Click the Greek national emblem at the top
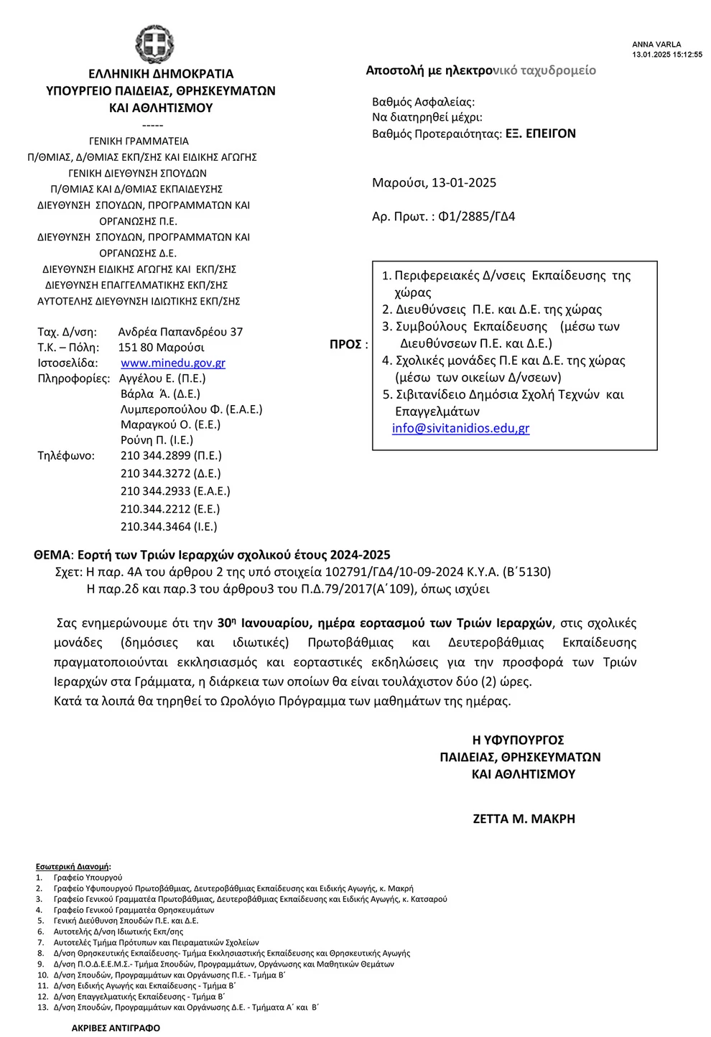pyautogui.click(x=154, y=45)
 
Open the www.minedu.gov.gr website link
pyautogui.click(x=172, y=363)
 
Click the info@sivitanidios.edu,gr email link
pyautogui.click(x=460, y=429)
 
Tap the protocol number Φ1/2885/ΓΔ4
pyautogui.click(x=476, y=216)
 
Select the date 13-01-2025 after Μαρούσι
pyautogui.click(x=464, y=182)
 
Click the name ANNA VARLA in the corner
pyautogui.click(x=656, y=45)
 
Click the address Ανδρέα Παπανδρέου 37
pyautogui.click(x=180, y=332)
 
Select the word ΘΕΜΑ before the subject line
pyautogui.click(x=52, y=554)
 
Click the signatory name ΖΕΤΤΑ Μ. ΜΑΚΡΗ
pyautogui.click(x=524, y=819)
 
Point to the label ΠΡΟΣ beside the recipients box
pyautogui.click(x=345, y=345)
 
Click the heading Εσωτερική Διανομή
pyautogui.click(x=73, y=867)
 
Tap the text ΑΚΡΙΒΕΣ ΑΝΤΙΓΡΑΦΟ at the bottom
pyautogui.click(x=116, y=1028)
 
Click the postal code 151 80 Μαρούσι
pyautogui.click(x=161, y=348)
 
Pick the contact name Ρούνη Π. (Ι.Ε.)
pyautogui.click(x=157, y=440)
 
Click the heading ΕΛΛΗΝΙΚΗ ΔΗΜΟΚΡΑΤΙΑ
pyautogui.click(x=161, y=74)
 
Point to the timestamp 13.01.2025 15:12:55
pyautogui.click(x=667, y=55)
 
